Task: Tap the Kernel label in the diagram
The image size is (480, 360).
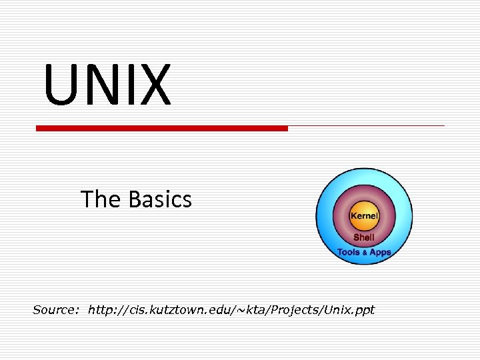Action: [364, 216]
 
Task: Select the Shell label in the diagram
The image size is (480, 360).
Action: [364, 237]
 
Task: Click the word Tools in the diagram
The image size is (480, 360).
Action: [349, 253]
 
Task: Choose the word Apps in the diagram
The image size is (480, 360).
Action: [380, 253]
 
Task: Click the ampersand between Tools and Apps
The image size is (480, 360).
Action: [365, 253]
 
